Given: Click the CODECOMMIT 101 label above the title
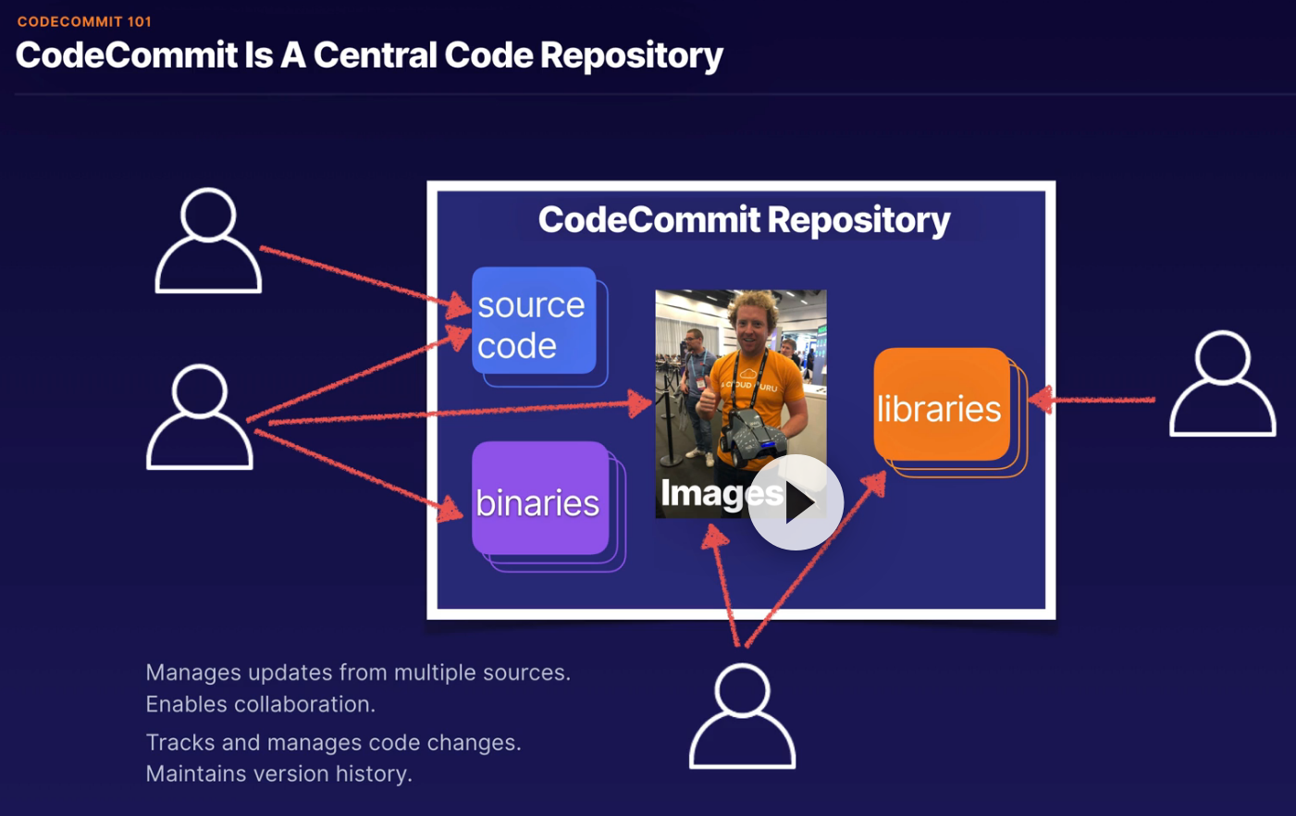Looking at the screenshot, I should tap(84, 21).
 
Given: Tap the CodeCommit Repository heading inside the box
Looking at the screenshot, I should tap(744, 220).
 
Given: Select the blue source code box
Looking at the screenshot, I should tap(534, 322).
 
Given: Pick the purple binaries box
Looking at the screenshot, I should tap(539, 500).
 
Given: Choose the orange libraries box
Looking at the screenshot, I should tap(941, 405).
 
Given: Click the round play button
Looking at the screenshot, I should tap(796, 502).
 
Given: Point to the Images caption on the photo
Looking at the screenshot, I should tap(708, 494).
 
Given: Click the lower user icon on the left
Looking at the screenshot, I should tap(200, 417).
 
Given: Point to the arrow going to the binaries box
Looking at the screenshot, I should tap(361, 471).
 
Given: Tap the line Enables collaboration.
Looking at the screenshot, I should tap(260, 704).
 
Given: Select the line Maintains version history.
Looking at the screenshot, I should tap(278, 773).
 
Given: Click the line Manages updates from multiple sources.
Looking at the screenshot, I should tap(357, 673).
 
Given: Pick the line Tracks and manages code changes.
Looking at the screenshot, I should tap(333, 743).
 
